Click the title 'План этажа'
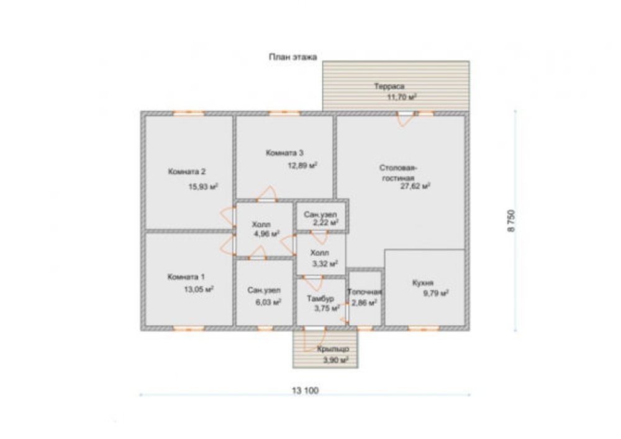(293, 57)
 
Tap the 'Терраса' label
(389, 86)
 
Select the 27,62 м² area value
(415, 186)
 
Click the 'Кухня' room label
(422, 283)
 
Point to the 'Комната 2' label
(187, 172)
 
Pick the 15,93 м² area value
(203, 186)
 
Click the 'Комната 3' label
(284, 153)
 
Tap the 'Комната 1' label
(186, 277)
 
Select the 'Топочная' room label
(365, 292)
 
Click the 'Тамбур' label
(320, 299)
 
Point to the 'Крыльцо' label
(333, 349)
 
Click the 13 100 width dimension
(306, 391)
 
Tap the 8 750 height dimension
(512, 220)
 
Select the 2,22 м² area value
(326, 223)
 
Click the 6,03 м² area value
(268, 302)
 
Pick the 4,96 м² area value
(267, 233)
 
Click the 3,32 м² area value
(325, 264)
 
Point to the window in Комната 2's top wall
(189, 113)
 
